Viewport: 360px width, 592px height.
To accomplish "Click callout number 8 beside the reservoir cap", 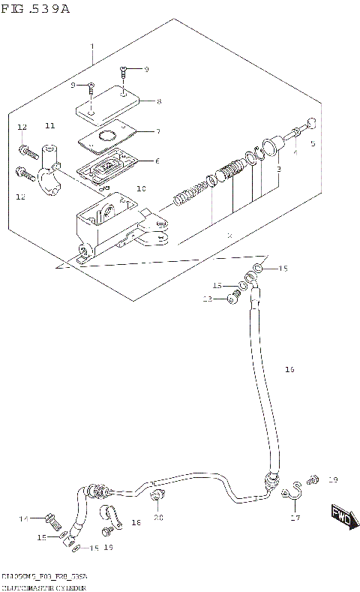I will pyautogui.click(x=158, y=101).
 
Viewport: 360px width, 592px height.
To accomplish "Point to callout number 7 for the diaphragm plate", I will pyautogui.click(x=157, y=131).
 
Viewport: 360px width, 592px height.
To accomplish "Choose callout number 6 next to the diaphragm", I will pyautogui.click(x=157, y=161).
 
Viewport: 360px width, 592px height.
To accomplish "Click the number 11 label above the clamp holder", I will pyautogui.click(x=50, y=125).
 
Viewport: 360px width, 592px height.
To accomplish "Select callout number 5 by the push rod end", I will pyautogui.click(x=313, y=143).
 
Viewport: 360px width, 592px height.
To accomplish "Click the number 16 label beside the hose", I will pyautogui.click(x=290, y=369).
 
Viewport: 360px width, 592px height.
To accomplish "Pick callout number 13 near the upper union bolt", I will pyautogui.click(x=208, y=299).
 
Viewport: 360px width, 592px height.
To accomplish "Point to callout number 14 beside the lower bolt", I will pyautogui.click(x=23, y=518).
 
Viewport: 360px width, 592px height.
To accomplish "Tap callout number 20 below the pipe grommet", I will pyautogui.click(x=157, y=517).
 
